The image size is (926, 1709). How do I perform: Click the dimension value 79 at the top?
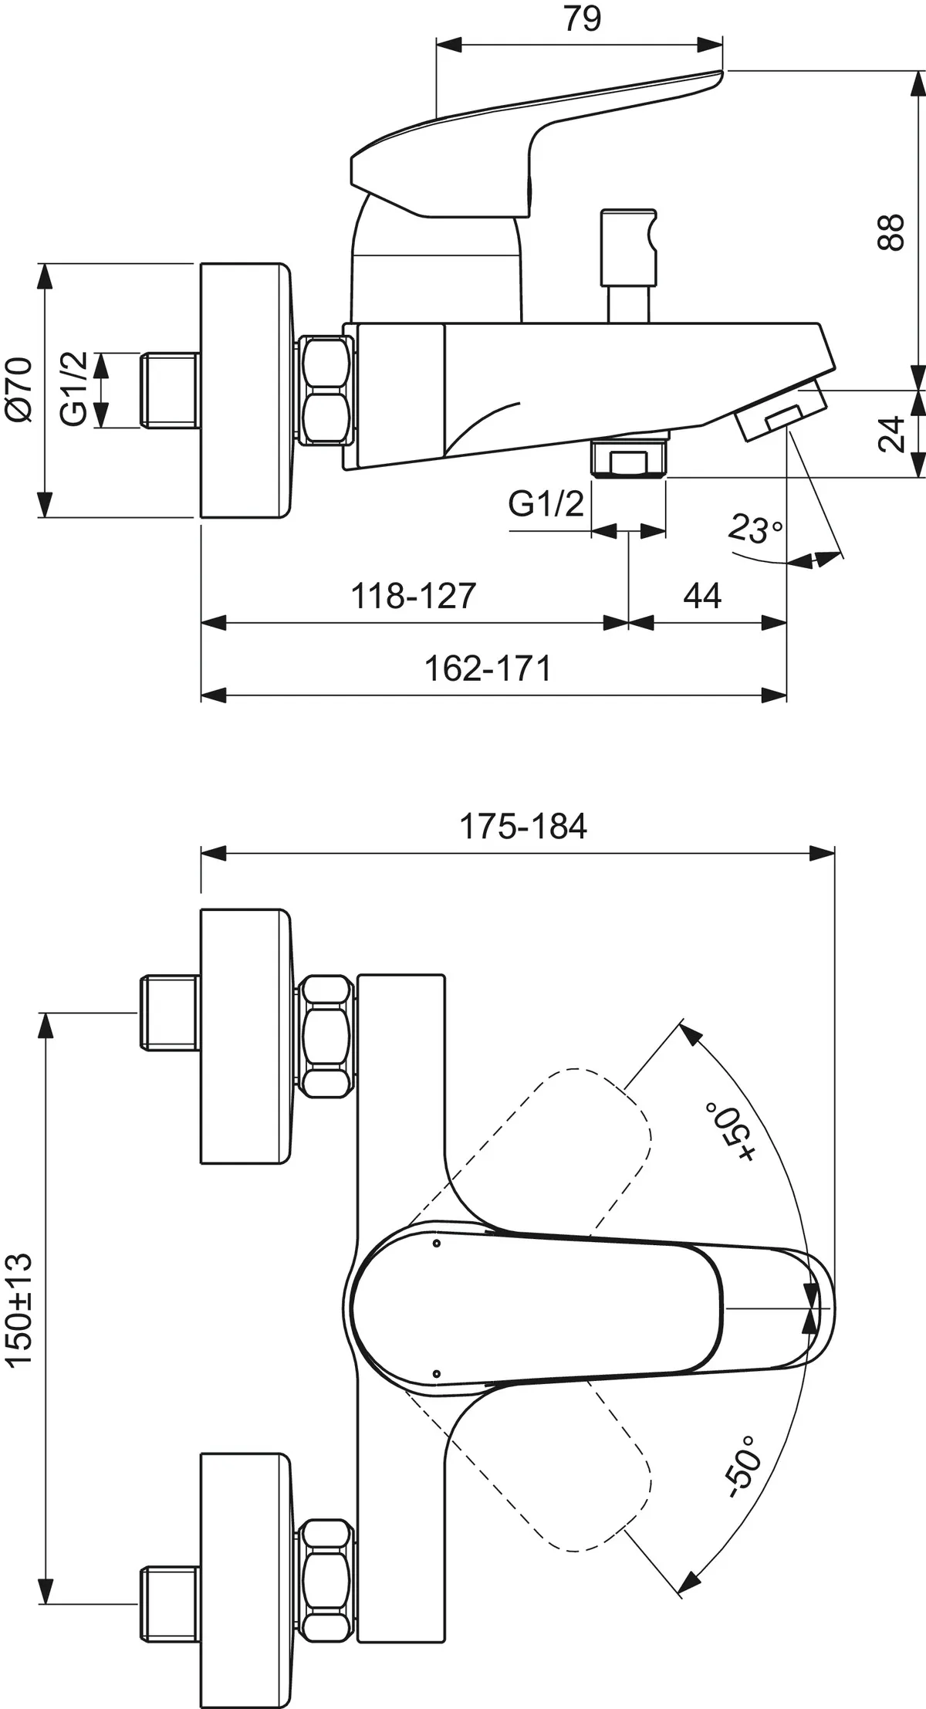tap(582, 19)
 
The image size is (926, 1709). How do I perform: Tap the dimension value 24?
tap(892, 434)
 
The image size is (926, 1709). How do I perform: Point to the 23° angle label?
tap(755, 530)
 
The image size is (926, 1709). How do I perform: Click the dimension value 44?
tap(701, 596)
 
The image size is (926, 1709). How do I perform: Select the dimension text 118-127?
tap(414, 596)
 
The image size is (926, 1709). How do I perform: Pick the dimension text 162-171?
tap(488, 668)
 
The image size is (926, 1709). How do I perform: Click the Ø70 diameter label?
tap(19, 390)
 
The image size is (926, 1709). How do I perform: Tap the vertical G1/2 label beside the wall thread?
tap(75, 390)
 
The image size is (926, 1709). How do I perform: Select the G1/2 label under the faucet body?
tap(546, 506)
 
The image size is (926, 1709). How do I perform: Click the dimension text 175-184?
tap(523, 827)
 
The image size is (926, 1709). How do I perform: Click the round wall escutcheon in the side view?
tap(245, 391)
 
